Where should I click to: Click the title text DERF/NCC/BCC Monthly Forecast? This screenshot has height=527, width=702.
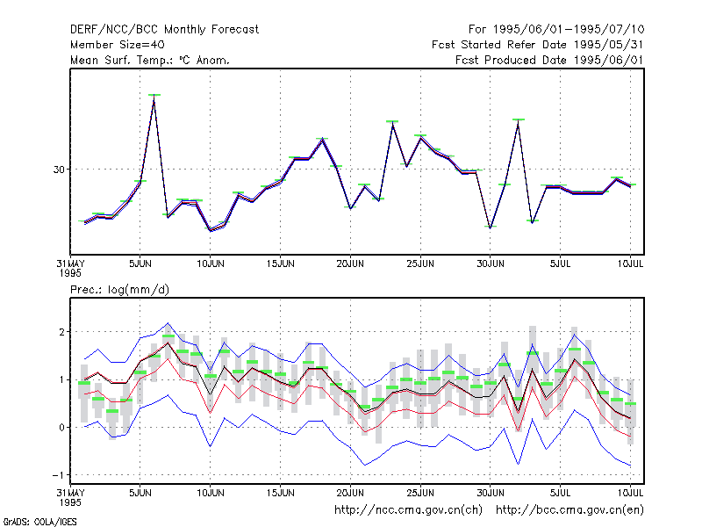(x=164, y=30)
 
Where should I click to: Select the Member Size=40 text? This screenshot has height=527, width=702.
(x=118, y=45)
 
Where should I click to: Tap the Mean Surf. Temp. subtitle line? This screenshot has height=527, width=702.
(x=149, y=60)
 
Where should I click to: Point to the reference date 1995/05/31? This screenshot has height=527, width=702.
(x=608, y=45)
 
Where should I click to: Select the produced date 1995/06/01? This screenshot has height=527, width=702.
(x=608, y=60)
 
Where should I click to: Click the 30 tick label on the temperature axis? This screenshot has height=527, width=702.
(x=59, y=170)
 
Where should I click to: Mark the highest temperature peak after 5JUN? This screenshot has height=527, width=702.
(x=154, y=96)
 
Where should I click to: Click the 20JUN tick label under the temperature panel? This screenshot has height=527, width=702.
(x=350, y=263)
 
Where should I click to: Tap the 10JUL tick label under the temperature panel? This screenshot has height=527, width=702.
(x=630, y=263)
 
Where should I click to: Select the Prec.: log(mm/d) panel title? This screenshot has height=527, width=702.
(x=119, y=290)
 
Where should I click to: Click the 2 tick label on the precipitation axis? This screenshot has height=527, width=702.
(x=61, y=332)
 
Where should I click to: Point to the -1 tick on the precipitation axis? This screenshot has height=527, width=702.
(x=58, y=475)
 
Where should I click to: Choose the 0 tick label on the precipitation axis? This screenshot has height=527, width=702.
(x=61, y=428)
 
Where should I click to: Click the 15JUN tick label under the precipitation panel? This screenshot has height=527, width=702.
(x=280, y=493)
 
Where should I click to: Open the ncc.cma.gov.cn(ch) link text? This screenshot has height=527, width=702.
(x=408, y=510)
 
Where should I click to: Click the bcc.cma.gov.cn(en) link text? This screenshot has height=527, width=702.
(x=569, y=510)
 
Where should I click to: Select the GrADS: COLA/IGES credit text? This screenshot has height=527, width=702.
(x=39, y=522)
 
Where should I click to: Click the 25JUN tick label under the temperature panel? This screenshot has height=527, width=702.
(x=420, y=263)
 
